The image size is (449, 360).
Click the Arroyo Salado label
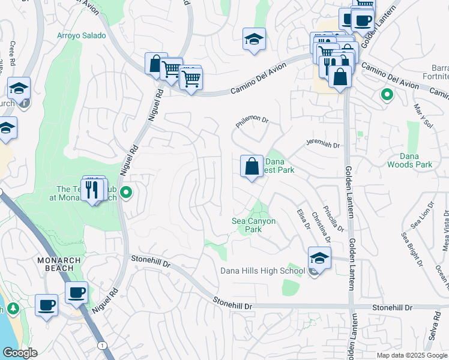click(x=82, y=35)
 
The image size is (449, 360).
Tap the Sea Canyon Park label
click(x=254, y=225)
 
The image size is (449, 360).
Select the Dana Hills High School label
click(x=263, y=271)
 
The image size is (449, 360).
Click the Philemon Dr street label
click(x=252, y=120)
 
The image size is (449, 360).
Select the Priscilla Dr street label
click(x=333, y=219)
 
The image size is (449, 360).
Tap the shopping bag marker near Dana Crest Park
click(x=252, y=166)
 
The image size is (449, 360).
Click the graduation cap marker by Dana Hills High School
click(x=320, y=259)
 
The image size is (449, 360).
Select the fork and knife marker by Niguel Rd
click(x=92, y=190)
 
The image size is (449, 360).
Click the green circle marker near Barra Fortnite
click(x=387, y=94)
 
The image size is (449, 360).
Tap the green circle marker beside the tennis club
click(x=126, y=193)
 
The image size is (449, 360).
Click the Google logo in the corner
click(x=19, y=353)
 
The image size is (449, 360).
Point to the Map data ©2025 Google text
click(x=412, y=355)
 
